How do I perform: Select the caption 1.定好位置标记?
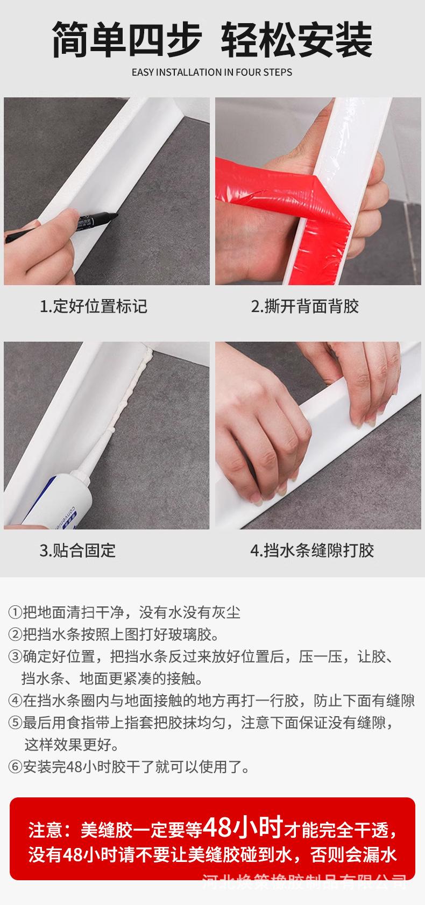(94, 307)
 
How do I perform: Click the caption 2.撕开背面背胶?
(304, 307)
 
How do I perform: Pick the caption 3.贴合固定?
(77, 550)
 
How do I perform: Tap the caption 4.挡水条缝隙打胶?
(312, 550)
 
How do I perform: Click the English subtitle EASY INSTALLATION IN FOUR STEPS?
(212, 72)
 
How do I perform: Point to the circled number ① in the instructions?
(15, 612)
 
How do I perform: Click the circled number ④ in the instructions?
(15, 701)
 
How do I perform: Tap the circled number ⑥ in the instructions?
(15, 767)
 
